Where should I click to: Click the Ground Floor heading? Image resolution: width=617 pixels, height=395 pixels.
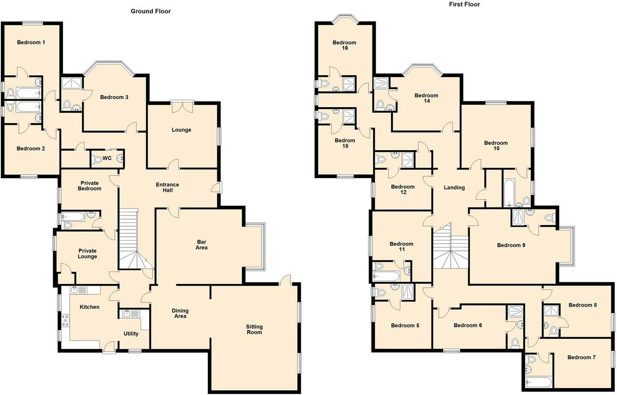tap(150, 11)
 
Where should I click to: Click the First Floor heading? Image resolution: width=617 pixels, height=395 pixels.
tap(464, 4)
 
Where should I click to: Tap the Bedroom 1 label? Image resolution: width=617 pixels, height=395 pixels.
tap(31, 42)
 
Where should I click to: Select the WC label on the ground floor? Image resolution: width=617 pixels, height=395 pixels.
tap(107, 158)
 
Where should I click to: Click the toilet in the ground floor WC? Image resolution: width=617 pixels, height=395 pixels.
tap(97, 160)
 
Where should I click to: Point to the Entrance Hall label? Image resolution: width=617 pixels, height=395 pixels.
tap(167, 187)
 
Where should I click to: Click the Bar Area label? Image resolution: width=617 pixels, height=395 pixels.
tap(201, 244)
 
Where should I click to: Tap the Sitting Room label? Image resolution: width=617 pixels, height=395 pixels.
tap(254, 329)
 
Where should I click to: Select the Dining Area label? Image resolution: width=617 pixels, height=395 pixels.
tap(180, 313)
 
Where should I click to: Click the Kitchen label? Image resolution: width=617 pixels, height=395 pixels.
tap(90, 307)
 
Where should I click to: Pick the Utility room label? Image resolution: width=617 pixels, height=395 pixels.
tap(131, 334)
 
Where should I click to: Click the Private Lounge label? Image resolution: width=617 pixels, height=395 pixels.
tap(87, 253)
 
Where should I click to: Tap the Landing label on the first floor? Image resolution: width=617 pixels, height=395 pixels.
tap(454, 187)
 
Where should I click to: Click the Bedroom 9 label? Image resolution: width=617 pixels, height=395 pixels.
tap(511, 245)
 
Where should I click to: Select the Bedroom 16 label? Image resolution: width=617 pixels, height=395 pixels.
tap(344, 45)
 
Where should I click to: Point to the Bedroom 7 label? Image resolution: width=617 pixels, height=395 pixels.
tap(581, 357)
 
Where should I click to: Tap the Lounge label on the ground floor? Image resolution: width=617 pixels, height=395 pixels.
tap(181, 130)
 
